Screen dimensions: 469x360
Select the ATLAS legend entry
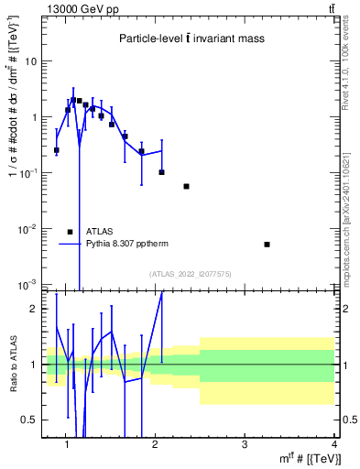(99, 232)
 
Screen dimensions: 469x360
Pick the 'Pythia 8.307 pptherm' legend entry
(126, 245)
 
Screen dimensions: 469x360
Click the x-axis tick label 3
(245, 445)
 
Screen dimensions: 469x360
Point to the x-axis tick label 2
(156, 445)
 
